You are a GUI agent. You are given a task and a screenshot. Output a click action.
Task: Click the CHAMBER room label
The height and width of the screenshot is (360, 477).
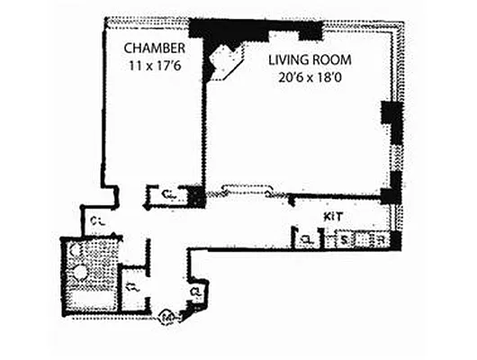click(x=156, y=47)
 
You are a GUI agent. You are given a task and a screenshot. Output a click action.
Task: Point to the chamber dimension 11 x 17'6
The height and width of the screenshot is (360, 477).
click(x=155, y=65)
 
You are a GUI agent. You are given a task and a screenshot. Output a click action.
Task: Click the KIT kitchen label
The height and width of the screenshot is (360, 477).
click(x=334, y=218)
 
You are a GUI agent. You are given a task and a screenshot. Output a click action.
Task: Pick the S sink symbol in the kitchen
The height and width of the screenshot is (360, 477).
click(x=343, y=239)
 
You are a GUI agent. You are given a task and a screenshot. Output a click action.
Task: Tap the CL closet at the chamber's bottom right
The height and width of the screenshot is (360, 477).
click(x=168, y=194)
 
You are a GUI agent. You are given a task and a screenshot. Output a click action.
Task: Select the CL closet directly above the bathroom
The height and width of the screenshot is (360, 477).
click(x=95, y=220)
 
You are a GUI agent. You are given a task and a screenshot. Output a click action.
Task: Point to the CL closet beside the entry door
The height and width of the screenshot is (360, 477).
click(x=196, y=292)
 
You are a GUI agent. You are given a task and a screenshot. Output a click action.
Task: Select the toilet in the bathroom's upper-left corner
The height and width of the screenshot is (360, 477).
click(x=74, y=249)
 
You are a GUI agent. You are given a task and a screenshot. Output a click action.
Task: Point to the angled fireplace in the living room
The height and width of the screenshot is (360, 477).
click(x=221, y=63)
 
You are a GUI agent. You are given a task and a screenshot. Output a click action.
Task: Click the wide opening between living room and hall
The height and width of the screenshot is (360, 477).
click(x=243, y=190)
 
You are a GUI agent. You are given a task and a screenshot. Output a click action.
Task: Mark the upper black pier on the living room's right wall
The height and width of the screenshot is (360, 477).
click(x=391, y=114)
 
